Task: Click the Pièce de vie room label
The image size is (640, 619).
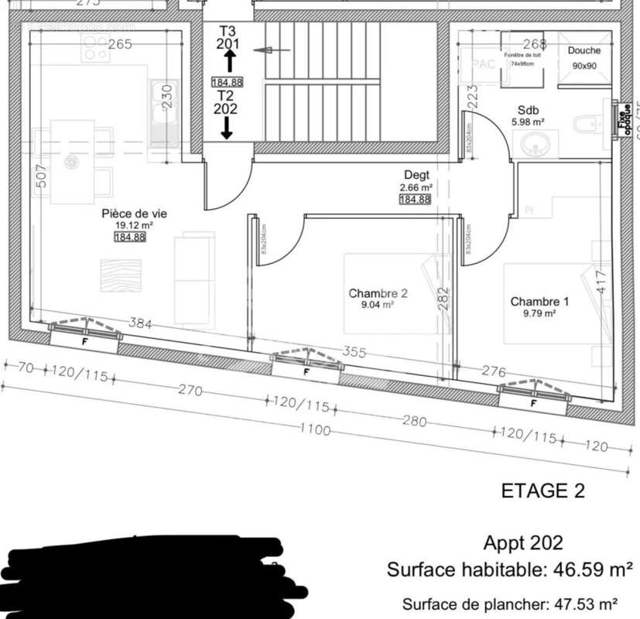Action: coord(134,213)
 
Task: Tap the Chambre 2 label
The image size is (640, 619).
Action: coord(378,293)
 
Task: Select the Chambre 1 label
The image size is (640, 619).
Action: coord(539,302)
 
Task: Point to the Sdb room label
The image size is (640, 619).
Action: coord(529,110)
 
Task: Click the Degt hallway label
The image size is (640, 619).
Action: coord(416,176)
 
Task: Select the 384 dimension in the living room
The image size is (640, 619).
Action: coord(140,323)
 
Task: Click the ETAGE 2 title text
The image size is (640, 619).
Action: coord(543,491)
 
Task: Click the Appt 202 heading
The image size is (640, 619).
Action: coord(523,543)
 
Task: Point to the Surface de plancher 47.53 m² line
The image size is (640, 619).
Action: coord(509,604)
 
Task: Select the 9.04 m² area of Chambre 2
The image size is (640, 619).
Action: coord(377,306)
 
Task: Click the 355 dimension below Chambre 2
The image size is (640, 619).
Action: coord(354,351)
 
